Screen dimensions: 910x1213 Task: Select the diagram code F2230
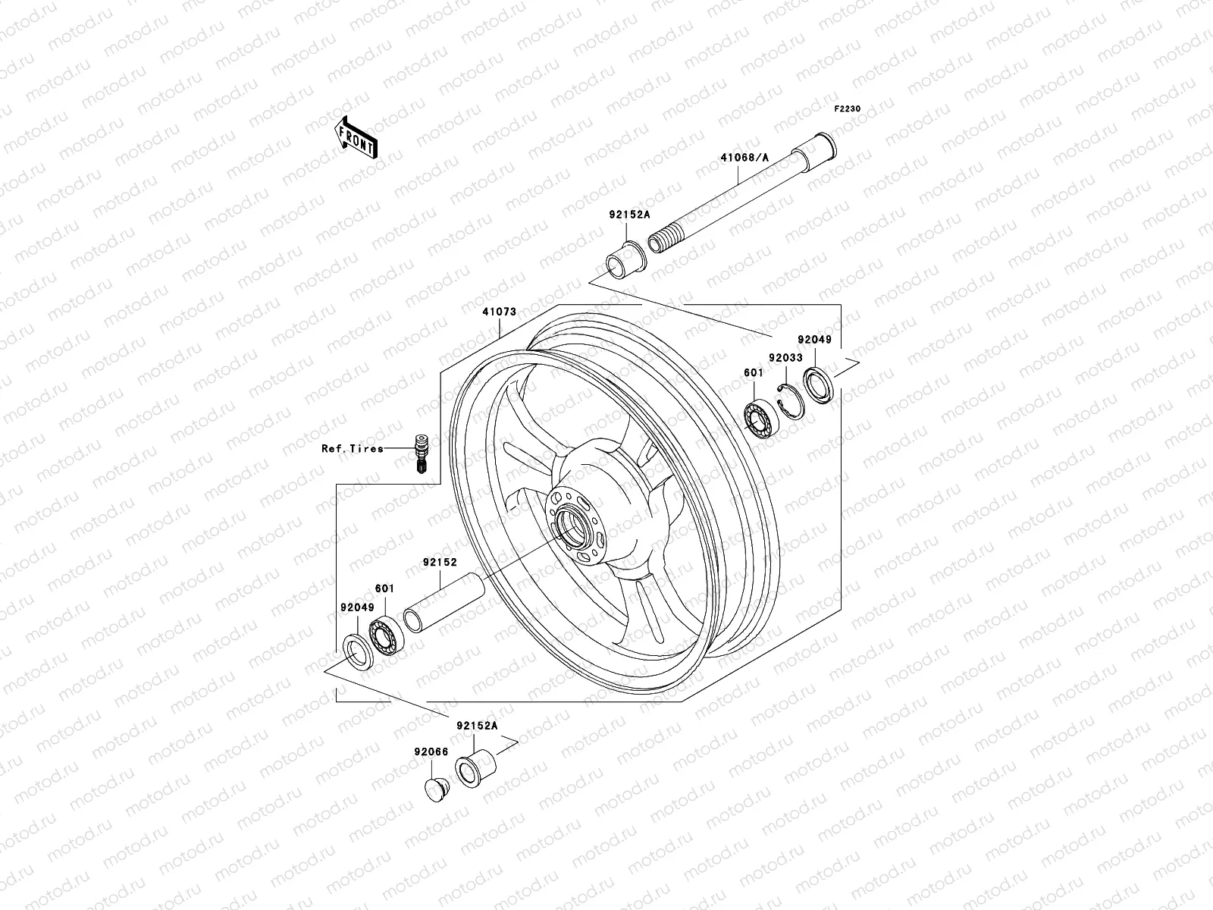coord(848,109)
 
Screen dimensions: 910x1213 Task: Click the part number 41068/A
coord(744,158)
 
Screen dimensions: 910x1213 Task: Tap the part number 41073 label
coord(499,312)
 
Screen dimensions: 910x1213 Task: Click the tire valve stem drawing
coord(418,453)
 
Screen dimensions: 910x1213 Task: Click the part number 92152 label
coord(440,563)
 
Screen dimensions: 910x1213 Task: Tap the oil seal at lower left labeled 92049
coord(358,652)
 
